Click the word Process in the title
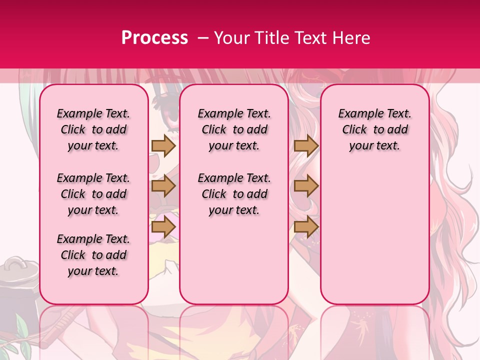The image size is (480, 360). point(154,38)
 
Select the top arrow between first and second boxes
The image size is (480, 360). point(163,145)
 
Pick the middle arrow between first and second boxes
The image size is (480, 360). point(163,186)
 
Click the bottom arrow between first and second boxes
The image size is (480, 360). point(163,227)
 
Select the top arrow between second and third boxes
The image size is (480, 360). point(306,145)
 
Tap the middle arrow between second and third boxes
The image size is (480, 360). point(306,186)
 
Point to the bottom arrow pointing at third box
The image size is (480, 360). point(306,227)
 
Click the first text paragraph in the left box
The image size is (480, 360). point(93,129)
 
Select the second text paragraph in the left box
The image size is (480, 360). point(93,194)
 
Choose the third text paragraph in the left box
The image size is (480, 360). point(93,255)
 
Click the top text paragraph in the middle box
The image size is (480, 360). point(234,129)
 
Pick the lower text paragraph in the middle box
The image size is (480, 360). point(234,194)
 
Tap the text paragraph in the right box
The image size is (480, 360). point(374,129)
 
